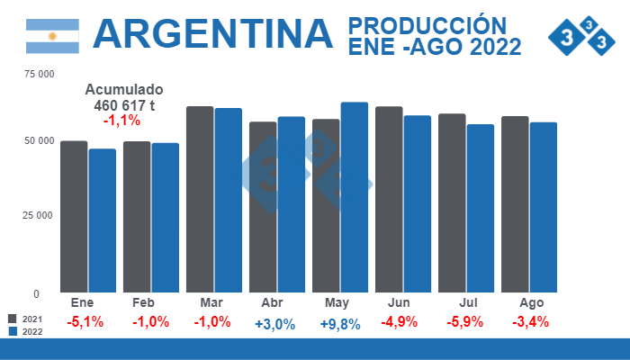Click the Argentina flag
click(52, 35)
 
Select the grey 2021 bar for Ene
click(74, 216)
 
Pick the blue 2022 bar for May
click(355, 197)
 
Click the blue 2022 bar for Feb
click(165, 218)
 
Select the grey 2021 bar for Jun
click(389, 199)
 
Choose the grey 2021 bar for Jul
click(452, 202)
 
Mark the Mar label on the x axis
click(212, 303)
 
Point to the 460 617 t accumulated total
click(123, 105)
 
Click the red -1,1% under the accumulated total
click(121, 120)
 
